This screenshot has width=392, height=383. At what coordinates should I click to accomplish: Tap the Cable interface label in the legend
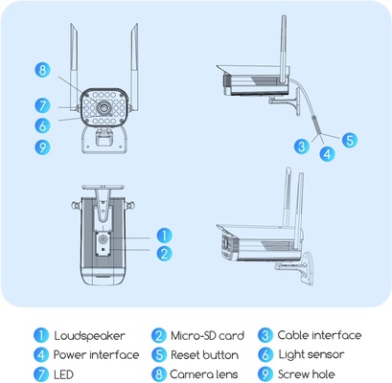click(x=319, y=335)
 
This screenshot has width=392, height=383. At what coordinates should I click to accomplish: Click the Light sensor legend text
click(x=313, y=354)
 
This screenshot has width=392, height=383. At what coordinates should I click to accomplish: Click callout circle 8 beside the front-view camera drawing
click(x=42, y=69)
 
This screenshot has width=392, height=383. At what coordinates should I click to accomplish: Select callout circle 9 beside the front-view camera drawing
click(x=42, y=146)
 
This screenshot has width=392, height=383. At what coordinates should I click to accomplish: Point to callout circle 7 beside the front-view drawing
click(x=42, y=105)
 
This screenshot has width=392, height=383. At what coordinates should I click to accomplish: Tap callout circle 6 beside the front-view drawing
click(x=42, y=124)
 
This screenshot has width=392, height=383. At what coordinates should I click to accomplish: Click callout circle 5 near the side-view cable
click(x=349, y=139)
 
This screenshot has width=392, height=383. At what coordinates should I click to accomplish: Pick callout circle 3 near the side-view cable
click(x=302, y=146)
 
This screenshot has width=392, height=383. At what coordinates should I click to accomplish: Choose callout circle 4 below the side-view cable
click(x=326, y=152)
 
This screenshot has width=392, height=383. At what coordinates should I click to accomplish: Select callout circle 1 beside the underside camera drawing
click(x=164, y=235)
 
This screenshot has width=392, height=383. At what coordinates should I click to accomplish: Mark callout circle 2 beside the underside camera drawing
click(x=164, y=254)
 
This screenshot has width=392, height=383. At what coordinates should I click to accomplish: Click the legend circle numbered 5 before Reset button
click(x=158, y=354)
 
